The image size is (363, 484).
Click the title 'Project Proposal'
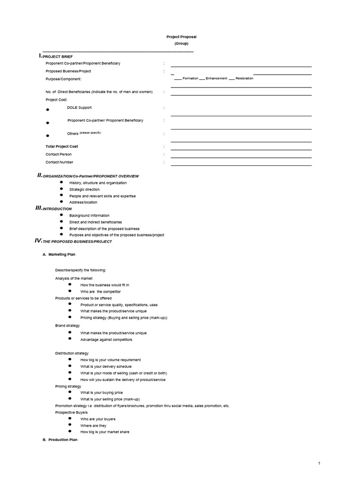181,37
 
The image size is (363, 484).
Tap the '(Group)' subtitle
181,43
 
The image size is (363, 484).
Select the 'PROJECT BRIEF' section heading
61,57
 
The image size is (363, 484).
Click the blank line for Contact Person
241,157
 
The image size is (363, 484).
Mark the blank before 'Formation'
179,79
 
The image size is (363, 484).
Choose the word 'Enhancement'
216,78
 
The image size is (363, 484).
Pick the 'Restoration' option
244,78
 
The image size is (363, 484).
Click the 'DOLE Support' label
79,108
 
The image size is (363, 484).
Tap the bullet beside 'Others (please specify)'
48,135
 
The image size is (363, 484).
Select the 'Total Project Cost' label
62,147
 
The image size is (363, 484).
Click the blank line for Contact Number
241,165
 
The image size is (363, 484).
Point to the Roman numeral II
40,175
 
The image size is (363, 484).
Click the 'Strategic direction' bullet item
85,189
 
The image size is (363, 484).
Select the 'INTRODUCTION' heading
57,208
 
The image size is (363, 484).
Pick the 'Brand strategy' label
68,326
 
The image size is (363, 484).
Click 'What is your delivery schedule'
106,366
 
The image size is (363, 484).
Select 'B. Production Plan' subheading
60,440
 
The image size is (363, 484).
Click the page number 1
319,463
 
